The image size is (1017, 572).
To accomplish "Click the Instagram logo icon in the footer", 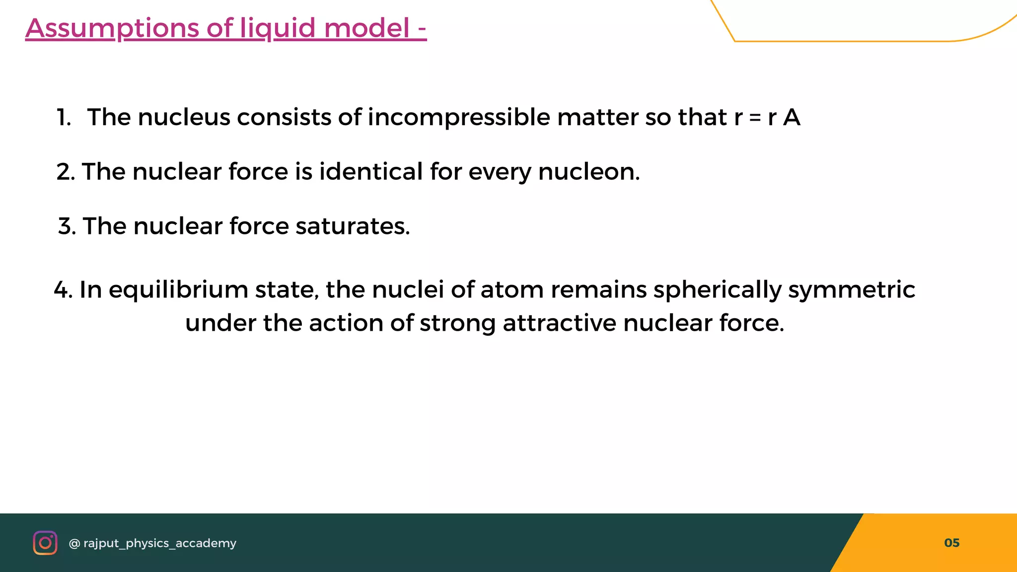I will click(x=45, y=543).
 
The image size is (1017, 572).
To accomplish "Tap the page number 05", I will click(x=951, y=543).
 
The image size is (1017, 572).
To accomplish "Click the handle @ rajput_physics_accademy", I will click(x=152, y=543).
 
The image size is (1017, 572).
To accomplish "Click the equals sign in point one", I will click(x=755, y=118).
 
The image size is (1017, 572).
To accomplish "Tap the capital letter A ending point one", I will click(x=792, y=118).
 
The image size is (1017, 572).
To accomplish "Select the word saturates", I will click(x=353, y=226).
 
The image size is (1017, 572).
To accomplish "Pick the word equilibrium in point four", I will click(x=178, y=290).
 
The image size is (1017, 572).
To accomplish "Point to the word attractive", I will click(x=560, y=323).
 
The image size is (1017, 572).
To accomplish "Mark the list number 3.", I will click(x=67, y=226).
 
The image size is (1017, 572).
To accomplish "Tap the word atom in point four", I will click(x=512, y=289).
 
